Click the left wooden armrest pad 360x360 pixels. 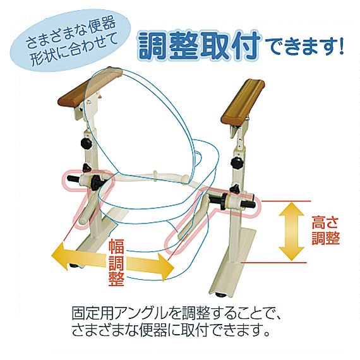coord(90,87)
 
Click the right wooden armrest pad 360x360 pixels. coord(243,102)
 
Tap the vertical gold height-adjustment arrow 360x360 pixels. coord(291,231)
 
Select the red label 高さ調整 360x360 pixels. coord(325,231)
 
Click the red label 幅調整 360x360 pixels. coord(116,263)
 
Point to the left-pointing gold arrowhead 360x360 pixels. coord(61,256)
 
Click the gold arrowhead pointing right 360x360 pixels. coord(165,267)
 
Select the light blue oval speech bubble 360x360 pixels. coord(70,40)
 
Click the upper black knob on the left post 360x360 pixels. coord(87,143)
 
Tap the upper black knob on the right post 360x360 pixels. coord(237,163)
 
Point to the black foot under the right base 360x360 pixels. coord(220,295)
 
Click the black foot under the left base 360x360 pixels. coord(75,265)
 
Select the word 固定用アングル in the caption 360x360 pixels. coord(119,313)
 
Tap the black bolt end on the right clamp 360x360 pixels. coord(251,204)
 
